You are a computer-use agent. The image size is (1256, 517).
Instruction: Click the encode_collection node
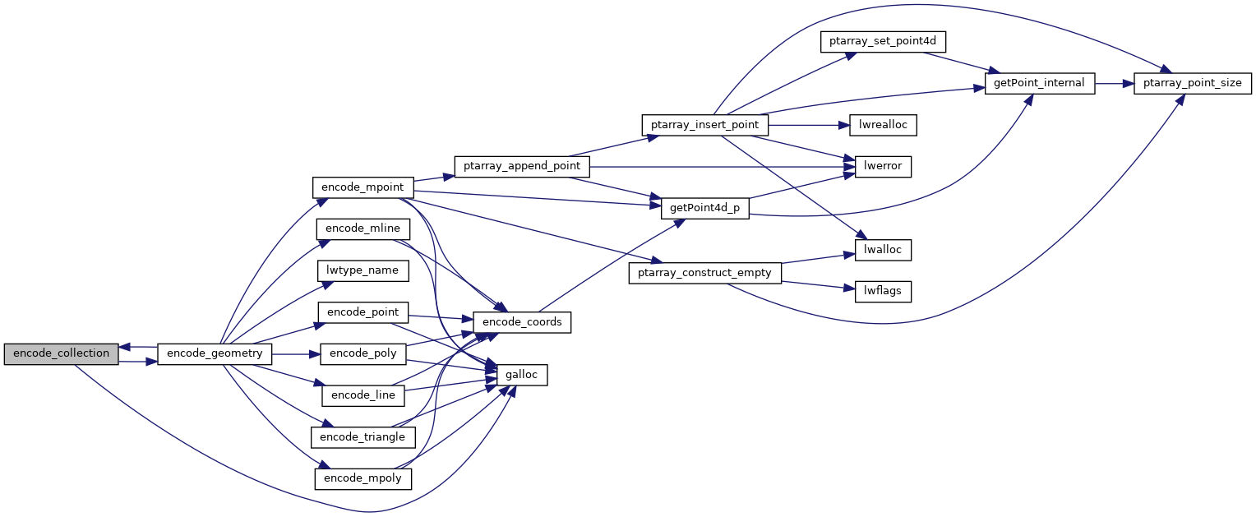[x=61, y=353]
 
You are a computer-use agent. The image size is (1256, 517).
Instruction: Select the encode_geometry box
[x=215, y=353]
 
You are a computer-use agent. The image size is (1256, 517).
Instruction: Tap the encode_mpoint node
[x=362, y=187]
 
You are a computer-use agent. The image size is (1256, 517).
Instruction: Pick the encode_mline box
[x=362, y=228]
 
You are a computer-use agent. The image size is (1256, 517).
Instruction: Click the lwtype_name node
[x=362, y=270]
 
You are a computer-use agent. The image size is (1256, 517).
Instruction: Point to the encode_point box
[x=362, y=312]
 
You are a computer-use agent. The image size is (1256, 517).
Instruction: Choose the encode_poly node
[x=362, y=353]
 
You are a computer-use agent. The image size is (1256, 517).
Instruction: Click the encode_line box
[x=362, y=395]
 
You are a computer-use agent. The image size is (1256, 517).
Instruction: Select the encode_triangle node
[x=362, y=436]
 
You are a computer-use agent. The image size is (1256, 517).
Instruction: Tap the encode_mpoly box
[x=362, y=478]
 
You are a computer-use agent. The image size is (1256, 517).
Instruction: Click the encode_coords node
[x=522, y=322]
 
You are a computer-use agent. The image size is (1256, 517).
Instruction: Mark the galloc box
[x=522, y=375]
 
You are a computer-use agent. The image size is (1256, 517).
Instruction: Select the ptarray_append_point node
[x=522, y=165]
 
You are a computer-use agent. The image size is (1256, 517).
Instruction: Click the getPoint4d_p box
[x=704, y=208]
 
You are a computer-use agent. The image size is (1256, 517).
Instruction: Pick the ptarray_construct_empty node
[x=704, y=273]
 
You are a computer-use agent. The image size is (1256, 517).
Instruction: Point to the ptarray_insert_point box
[x=704, y=125]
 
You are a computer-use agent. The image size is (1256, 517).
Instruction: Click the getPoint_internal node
[x=1040, y=83]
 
